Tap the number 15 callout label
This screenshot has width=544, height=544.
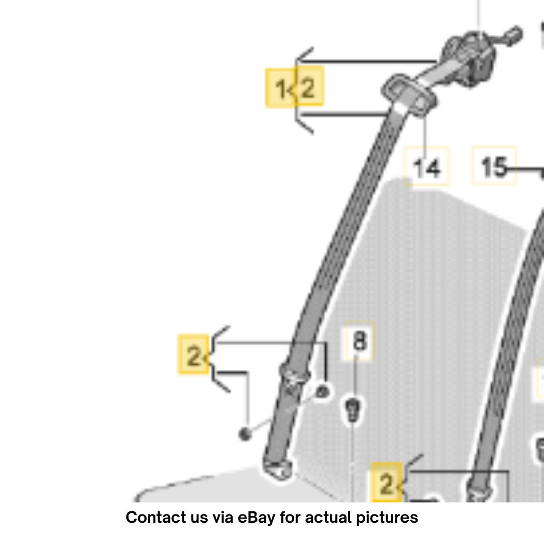click(x=494, y=165)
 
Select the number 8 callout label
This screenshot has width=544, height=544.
click(x=359, y=340)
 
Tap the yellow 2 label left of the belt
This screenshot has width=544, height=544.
click(x=194, y=354)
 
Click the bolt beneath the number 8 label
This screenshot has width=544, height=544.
click(x=352, y=410)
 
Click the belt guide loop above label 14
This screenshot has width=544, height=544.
click(x=409, y=94)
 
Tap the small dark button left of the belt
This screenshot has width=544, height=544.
click(x=245, y=434)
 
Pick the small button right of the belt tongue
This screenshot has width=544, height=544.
click(x=322, y=392)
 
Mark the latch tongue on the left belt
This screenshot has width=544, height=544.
click(x=294, y=377)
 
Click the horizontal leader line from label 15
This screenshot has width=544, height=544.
click(x=524, y=169)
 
